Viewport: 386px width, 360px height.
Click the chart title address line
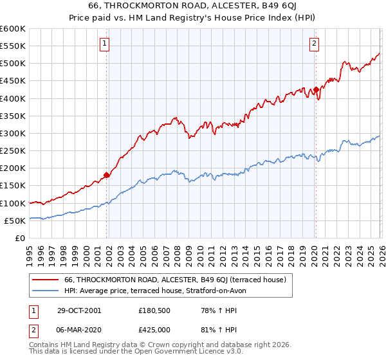click(192, 6)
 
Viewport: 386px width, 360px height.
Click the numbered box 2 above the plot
click(314, 44)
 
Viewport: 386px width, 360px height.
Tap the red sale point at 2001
click(107, 174)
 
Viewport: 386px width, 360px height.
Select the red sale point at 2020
click(316, 89)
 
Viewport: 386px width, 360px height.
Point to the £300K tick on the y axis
click(14, 133)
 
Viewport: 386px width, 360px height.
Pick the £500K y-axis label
click(14, 64)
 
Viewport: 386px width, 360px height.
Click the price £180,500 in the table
click(154, 310)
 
